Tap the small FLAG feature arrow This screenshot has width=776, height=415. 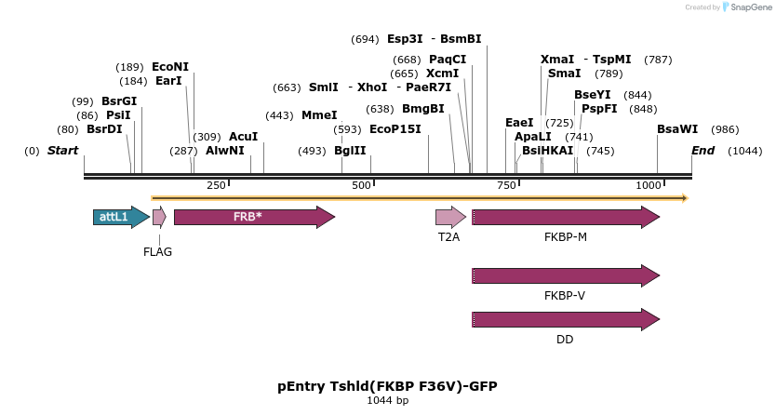(x=159, y=217)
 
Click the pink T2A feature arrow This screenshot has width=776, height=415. (x=450, y=217)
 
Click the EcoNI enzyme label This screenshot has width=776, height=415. (x=170, y=67)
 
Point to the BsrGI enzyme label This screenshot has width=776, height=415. (x=119, y=101)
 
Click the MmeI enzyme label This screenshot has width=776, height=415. (x=319, y=115)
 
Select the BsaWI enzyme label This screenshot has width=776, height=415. (x=676, y=129)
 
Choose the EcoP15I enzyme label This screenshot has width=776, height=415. (x=395, y=129)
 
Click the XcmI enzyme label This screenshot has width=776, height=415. (x=442, y=74)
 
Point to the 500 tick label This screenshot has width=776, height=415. (x=362, y=185)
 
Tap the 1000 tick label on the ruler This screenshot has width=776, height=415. (x=649, y=185)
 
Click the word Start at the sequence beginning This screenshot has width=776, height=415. (x=62, y=151)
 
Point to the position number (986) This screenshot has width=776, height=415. (x=725, y=129)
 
